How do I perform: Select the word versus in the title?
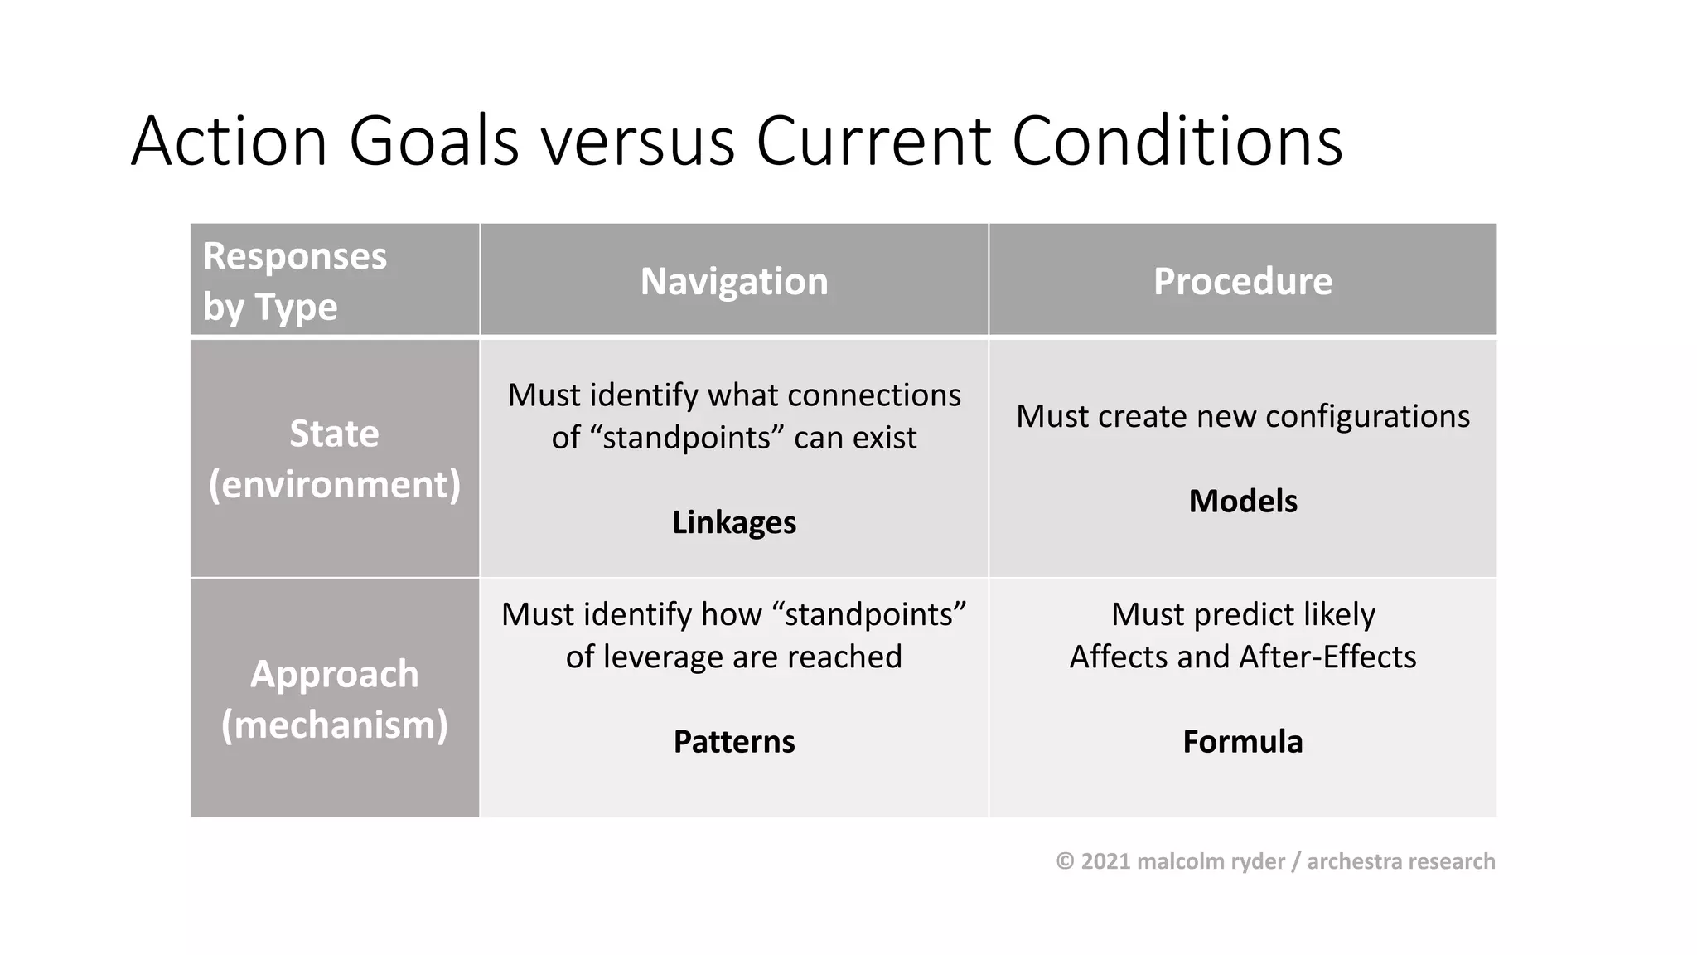(638, 143)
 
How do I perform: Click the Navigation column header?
(733, 282)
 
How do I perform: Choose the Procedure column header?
(1242, 282)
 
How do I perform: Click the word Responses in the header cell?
(295, 256)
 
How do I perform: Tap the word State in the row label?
(334, 434)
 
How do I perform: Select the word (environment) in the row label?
(334, 484)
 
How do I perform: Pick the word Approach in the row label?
(334, 674)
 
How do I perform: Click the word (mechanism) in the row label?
(334, 725)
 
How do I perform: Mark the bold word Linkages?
(733, 522)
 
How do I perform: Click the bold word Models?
(1242, 502)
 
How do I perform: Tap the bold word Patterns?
(733, 741)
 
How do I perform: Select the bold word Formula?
(1242, 741)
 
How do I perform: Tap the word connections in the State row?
(873, 395)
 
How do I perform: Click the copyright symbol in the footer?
(1065, 861)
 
